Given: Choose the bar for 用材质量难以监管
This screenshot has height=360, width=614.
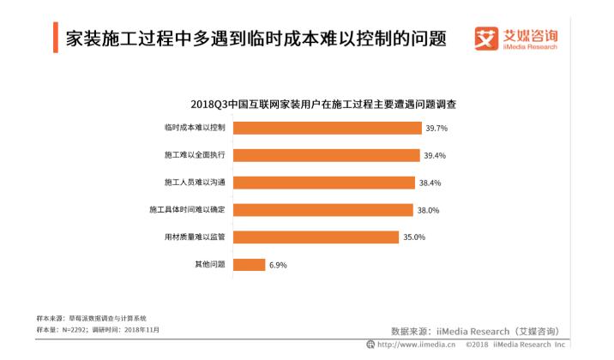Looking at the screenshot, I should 314,237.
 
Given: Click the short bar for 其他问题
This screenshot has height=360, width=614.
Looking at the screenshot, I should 249,265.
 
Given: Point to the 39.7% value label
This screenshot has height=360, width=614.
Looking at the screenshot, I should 436,128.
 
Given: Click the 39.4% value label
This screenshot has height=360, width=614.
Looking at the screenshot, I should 435,155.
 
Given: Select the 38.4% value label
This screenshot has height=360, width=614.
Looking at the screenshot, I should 429,183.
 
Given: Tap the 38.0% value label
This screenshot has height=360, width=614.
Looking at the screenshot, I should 426,210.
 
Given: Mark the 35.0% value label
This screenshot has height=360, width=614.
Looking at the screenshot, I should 414,237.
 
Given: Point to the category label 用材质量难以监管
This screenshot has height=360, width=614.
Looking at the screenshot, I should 195,237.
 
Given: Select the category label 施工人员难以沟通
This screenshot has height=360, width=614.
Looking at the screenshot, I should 195,183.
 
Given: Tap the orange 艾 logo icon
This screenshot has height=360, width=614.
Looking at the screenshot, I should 486,39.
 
